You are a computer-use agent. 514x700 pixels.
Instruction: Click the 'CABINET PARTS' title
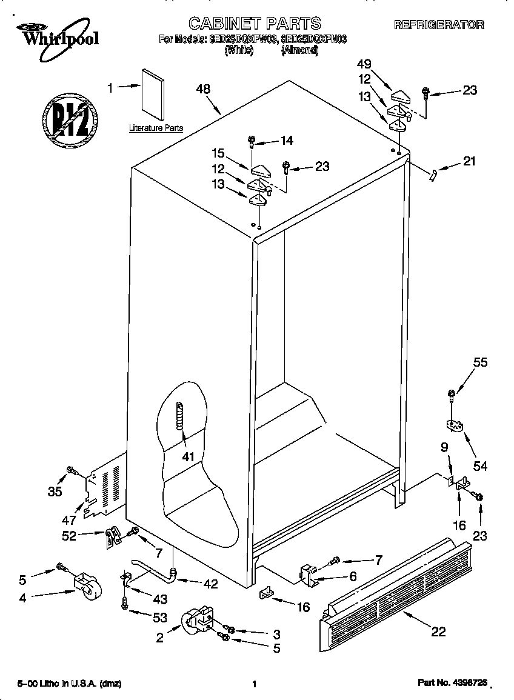point(255,24)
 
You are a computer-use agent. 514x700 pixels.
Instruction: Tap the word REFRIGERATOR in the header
point(439,25)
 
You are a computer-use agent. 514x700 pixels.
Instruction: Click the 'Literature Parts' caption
point(156,128)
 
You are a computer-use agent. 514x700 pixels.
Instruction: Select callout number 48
point(203,88)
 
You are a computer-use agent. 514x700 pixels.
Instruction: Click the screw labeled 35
point(72,470)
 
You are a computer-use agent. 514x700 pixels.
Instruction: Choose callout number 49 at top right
point(364,64)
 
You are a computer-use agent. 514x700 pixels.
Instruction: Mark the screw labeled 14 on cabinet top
point(251,142)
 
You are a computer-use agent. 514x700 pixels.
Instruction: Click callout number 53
point(159,618)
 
